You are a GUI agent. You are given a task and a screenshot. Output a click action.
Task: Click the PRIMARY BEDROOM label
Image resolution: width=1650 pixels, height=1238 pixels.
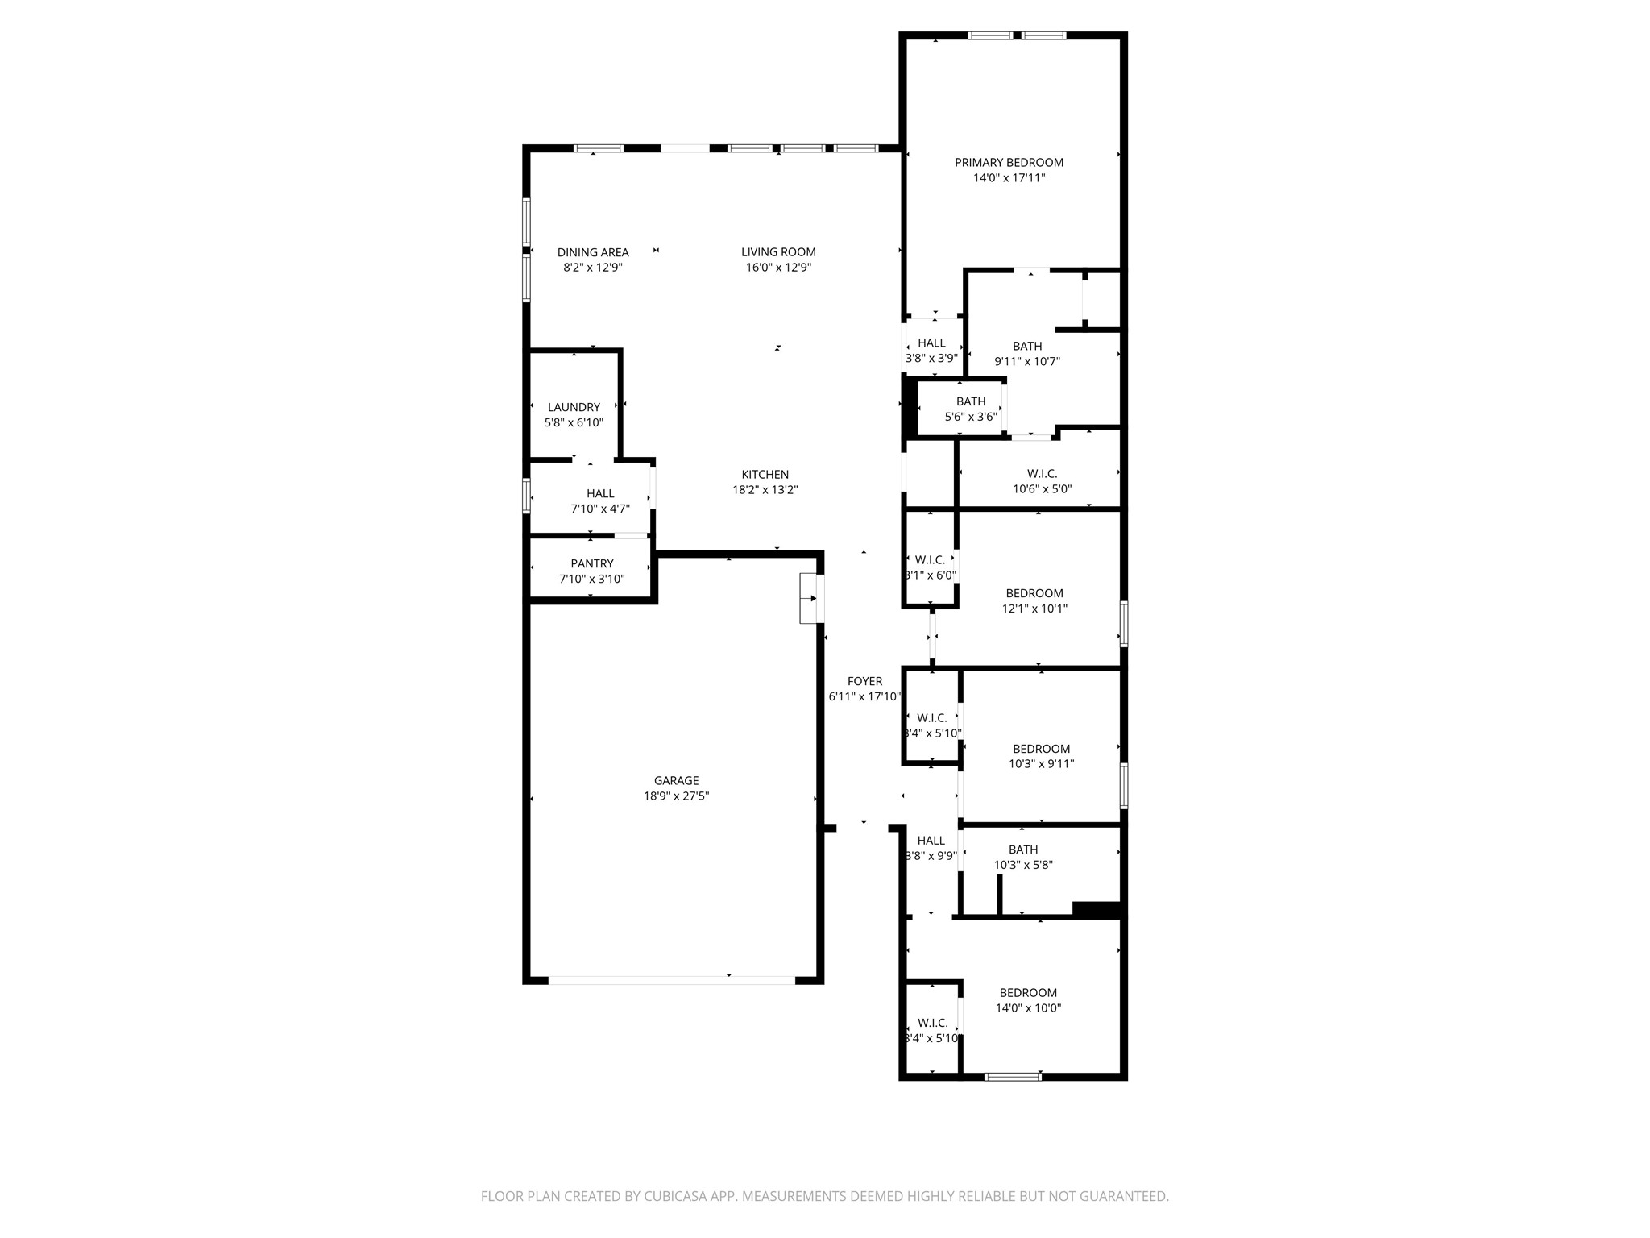1009,163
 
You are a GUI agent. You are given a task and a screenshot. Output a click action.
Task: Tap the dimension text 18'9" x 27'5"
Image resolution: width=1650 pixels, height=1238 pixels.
676,796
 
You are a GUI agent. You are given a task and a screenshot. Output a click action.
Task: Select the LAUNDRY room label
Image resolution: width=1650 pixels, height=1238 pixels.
574,407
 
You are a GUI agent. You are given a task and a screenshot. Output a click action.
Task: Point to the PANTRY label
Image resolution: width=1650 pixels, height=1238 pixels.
592,563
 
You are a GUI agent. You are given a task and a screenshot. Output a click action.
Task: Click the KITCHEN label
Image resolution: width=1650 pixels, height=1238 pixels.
765,475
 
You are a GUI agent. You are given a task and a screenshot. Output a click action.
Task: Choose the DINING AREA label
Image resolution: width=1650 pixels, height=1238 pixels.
593,252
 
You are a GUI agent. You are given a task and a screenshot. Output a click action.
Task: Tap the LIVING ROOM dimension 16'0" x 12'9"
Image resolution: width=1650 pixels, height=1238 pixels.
778,268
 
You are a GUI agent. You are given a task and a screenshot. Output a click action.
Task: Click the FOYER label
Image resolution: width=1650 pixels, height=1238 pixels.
864,681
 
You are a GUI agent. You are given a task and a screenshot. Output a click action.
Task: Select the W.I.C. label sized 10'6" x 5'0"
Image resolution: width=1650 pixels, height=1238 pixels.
1042,474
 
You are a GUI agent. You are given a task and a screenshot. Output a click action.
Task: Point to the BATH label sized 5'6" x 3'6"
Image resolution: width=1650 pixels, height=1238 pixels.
971,401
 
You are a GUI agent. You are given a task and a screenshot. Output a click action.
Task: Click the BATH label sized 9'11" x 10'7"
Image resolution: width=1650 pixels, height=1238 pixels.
1027,347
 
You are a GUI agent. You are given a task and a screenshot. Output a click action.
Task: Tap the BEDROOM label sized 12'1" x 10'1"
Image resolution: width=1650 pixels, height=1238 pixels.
1034,593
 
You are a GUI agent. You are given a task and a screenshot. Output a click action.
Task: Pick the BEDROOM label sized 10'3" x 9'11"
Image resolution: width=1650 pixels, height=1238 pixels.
1041,749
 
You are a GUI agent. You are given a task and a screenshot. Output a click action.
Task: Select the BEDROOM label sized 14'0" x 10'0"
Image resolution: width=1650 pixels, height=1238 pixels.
1028,993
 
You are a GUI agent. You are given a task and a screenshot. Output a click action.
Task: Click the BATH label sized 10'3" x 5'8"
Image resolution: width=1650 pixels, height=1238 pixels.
1023,850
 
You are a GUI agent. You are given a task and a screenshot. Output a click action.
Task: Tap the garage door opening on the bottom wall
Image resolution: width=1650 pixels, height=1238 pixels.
672,981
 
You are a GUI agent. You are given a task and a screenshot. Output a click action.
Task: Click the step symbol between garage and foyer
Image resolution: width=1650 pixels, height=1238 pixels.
811,598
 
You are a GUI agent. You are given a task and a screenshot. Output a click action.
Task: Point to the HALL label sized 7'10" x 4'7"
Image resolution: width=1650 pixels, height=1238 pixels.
600,493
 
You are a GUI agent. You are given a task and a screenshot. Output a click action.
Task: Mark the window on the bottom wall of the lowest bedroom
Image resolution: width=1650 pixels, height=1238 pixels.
1013,1077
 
